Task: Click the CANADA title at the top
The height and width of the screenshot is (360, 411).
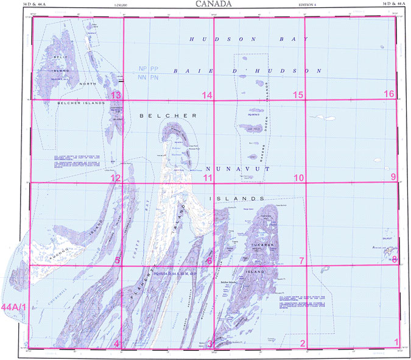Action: click(x=213, y=4)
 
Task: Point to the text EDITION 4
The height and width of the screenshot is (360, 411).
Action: click(x=308, y=5)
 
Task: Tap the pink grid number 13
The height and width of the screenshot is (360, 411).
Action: click(x=115, y=95)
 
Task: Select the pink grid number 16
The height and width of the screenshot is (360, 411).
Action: click(x=389, y=94)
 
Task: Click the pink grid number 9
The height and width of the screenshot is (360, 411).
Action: click(x=393, y=177)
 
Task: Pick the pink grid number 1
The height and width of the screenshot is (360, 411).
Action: click(x=397, y=342)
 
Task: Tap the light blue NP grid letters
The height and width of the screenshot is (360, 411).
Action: click(x=143, y=69)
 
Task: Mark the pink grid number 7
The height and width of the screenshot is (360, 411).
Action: click(x=301, y=261)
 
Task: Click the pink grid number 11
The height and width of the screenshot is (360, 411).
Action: click(x=208, y=178)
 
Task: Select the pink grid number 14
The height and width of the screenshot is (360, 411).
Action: click(x=208, y=95)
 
